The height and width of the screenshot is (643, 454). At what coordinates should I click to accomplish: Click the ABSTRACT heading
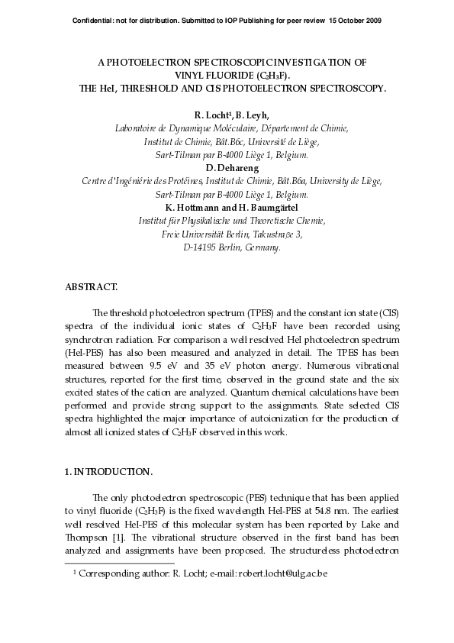tap(92, 287)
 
